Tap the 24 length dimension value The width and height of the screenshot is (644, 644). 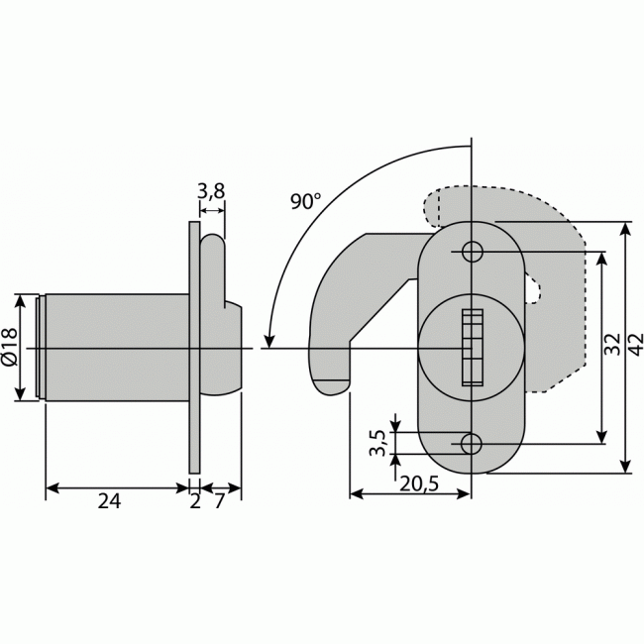109,502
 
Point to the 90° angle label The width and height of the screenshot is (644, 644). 305,200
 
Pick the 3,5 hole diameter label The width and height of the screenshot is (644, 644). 376,442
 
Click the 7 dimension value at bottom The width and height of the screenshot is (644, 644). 221,502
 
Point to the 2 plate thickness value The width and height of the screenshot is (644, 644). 194,502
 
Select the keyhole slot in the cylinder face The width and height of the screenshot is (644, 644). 472,347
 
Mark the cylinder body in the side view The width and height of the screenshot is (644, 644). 114,347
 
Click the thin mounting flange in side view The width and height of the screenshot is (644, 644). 194,347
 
